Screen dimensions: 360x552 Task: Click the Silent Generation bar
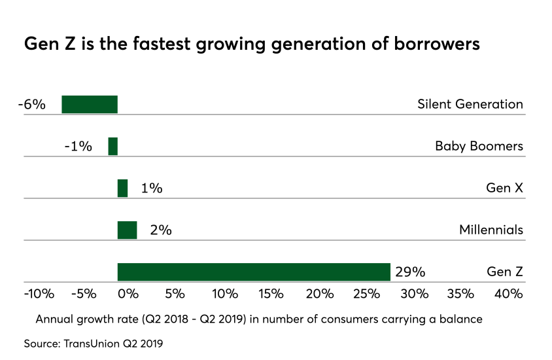90,105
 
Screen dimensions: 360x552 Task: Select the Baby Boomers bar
113,146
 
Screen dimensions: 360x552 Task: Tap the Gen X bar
122,188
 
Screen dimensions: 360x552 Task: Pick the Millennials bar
127,230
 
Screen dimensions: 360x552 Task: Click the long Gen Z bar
254,272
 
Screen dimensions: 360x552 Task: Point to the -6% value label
31,104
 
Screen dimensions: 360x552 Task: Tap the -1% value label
78,146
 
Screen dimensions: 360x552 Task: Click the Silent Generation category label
470,104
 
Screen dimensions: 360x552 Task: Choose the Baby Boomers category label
479,146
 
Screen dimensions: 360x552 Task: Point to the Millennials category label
491,230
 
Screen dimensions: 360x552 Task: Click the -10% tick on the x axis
39,294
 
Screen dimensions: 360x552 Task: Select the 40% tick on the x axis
508,294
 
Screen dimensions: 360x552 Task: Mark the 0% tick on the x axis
129,294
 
